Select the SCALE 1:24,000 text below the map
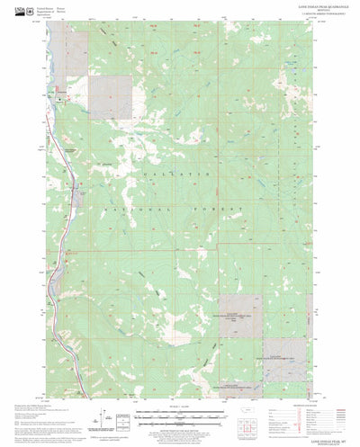click(181, 407)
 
